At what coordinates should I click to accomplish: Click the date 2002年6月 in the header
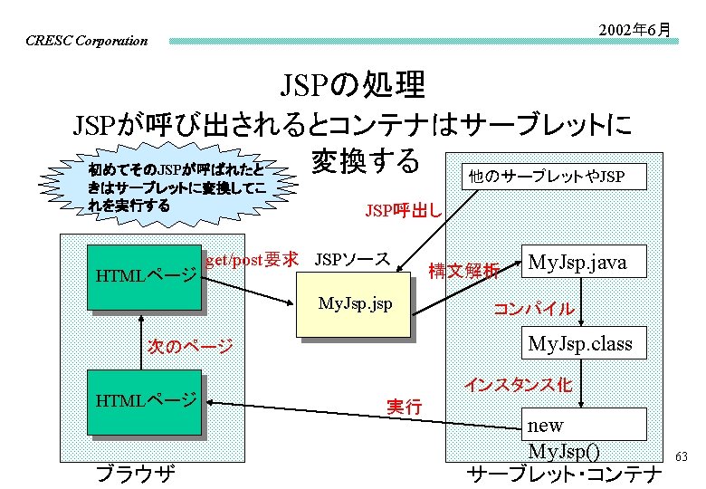pyautogui.click(x=634, y=29)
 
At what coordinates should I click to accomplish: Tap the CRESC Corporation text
pyautogui.click(x=87, y=41)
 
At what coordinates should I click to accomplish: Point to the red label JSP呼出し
pyautogui.click(x=403, y=212)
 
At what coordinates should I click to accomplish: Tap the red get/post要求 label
pyautogui.click(x=251, y=260)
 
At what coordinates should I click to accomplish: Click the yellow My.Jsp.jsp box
pyautogui.click(x=356, y=304)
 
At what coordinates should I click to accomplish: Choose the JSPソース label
pyautogui.click(x=352, y=259)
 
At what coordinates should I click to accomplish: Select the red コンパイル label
pyautogui.click(x=533, y=308)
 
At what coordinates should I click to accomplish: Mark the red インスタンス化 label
pyautogui.click(x=518, y=385)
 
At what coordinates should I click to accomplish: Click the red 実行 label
pyautogui.click(x=404, y=407)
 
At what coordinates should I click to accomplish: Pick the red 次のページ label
pyautogui.click(x=190, y=347)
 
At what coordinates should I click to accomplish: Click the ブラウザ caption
pyautogui.click(x=136, y=473)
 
